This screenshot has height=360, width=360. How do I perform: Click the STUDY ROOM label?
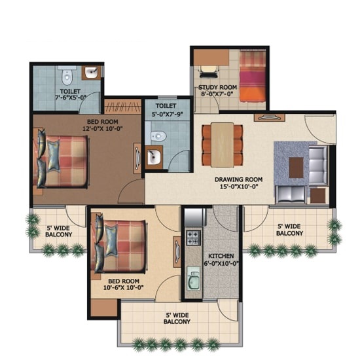(217, 87)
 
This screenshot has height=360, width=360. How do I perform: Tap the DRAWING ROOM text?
(238, 179)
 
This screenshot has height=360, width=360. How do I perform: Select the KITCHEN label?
(221, 256)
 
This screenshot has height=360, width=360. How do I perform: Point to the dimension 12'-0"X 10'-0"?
(102, 128)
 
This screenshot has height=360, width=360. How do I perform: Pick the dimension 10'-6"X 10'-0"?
(124, 287)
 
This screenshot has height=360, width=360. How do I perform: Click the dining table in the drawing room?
(223, 145)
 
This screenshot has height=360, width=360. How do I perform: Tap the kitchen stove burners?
(193, 238)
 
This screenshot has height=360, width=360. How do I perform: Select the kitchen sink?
(193, 278)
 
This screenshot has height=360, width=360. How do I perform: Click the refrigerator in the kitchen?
(194, 217)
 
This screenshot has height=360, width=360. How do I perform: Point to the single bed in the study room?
(253, 76)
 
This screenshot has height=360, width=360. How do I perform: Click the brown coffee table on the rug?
(296, 168)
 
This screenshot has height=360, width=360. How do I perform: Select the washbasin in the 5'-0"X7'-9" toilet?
(154, 157)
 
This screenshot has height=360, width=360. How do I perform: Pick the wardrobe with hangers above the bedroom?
(122, 106)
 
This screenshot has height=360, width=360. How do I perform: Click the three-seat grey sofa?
(317, 166)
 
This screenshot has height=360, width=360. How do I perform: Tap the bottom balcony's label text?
(177, 318)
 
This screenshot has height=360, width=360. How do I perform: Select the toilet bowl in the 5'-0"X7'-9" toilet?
(158, 136)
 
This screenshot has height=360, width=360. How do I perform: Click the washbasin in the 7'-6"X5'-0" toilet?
(92, 73)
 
